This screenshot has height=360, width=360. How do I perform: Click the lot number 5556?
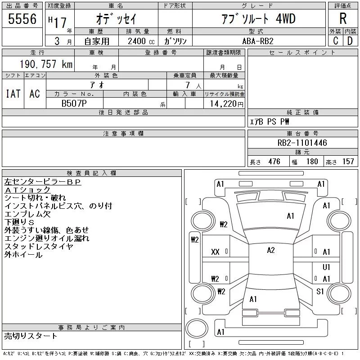pos(22,19)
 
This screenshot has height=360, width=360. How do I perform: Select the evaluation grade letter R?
pos(343,19)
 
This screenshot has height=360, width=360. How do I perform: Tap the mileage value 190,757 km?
pos(45,64)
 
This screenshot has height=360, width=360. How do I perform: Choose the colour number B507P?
pos(75,103)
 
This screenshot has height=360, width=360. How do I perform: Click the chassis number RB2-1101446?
pos(302,143)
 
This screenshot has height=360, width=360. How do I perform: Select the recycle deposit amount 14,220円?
pos(225,103)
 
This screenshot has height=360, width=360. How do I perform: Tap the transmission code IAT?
pos(13,94)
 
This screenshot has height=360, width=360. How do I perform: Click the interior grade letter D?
pos(350,40)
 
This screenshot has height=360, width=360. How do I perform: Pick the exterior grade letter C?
pos(336,40)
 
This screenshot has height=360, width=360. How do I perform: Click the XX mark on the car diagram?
pos(215,252)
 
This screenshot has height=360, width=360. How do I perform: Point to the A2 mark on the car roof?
pos(271,250)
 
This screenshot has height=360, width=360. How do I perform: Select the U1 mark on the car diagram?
pos(327,267)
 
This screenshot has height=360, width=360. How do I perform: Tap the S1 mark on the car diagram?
pos(320,292)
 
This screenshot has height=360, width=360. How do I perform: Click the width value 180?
pos(312,162)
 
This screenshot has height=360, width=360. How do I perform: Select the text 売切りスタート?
pos(31,336)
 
